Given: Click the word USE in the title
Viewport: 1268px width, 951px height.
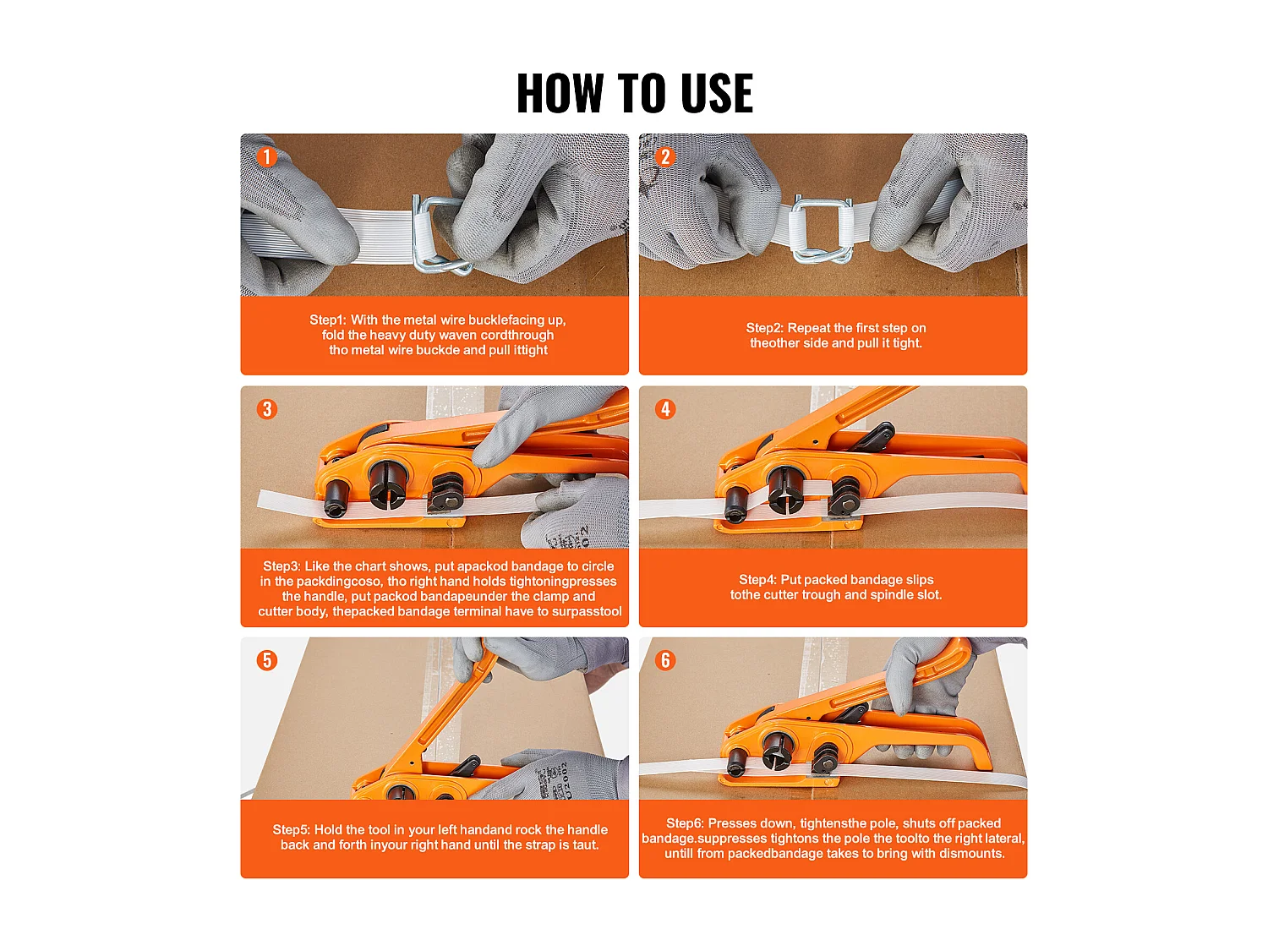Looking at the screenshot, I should coord(716,93).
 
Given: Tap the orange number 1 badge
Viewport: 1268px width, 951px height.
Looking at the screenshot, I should coord(267,156).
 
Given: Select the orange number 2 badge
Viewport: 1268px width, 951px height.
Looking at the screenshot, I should coord(665,156).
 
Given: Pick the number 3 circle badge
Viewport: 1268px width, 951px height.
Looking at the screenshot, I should coord(267,409).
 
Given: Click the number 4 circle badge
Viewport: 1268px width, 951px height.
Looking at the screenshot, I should coord(665,409).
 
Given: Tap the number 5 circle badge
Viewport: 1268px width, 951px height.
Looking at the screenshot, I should coord(267,660).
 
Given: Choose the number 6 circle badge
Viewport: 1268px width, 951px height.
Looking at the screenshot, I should coord(665,660).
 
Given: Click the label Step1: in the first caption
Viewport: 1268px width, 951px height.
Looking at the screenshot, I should coord(327,320).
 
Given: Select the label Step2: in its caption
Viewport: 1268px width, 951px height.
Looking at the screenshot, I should coord(765,328).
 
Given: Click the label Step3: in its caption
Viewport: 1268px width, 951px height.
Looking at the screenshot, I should coord(281,566).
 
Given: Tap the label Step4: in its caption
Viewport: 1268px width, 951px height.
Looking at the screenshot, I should coord(757,580).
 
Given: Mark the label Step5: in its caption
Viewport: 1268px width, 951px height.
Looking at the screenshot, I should coord(291,830).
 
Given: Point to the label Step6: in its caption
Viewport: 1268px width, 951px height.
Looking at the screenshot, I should coord(685,823).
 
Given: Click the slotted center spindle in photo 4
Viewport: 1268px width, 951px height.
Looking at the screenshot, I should coord(784,489).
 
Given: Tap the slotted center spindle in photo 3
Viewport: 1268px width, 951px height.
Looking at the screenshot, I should coord(388,484).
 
